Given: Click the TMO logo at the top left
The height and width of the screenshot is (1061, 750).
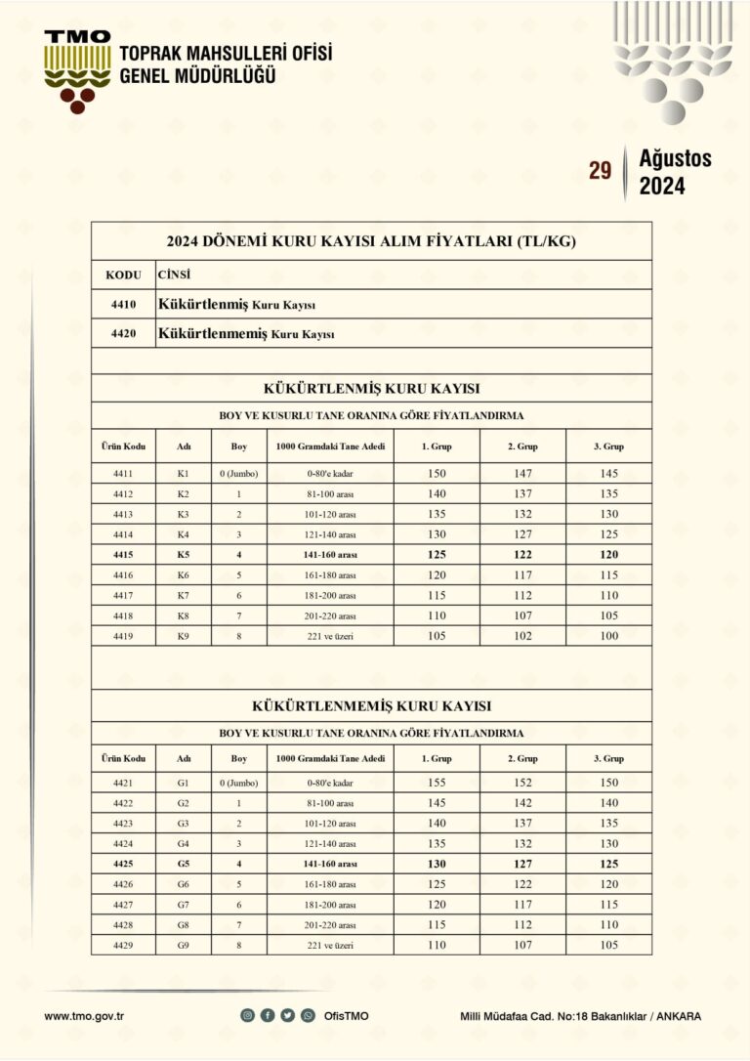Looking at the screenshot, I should click(77, 68).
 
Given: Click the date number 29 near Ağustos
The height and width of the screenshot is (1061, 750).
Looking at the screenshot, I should click(600, 172).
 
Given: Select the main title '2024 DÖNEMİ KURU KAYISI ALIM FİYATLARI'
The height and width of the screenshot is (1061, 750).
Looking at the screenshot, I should click(371, 241).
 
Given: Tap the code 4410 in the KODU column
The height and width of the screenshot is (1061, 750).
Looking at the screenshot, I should click(124, 305).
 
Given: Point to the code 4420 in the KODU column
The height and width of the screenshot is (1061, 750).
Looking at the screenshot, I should click(124, 334).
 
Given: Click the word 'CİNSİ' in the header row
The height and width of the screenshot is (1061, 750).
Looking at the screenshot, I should click(174, 276).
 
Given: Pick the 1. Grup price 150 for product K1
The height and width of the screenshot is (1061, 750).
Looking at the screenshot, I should click(437, 473).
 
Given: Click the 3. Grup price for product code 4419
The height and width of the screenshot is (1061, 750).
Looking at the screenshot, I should click(609, 636).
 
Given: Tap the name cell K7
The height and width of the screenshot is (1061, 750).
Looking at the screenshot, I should click(183, 595).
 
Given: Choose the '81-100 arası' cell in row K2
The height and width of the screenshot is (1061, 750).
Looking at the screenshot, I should click(330, 493).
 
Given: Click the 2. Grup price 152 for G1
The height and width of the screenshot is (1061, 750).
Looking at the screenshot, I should click(522, 783).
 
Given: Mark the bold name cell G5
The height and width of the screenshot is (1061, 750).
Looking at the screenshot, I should click(183, 864).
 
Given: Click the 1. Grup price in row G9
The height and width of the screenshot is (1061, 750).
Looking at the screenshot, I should click(437, 945).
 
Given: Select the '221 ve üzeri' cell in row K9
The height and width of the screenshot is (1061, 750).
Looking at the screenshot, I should click(330, 636).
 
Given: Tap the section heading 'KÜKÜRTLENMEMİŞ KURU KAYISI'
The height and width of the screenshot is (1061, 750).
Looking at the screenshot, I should click(371, 704).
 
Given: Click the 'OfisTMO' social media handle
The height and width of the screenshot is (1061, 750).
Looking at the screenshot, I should click(347, 1016).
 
